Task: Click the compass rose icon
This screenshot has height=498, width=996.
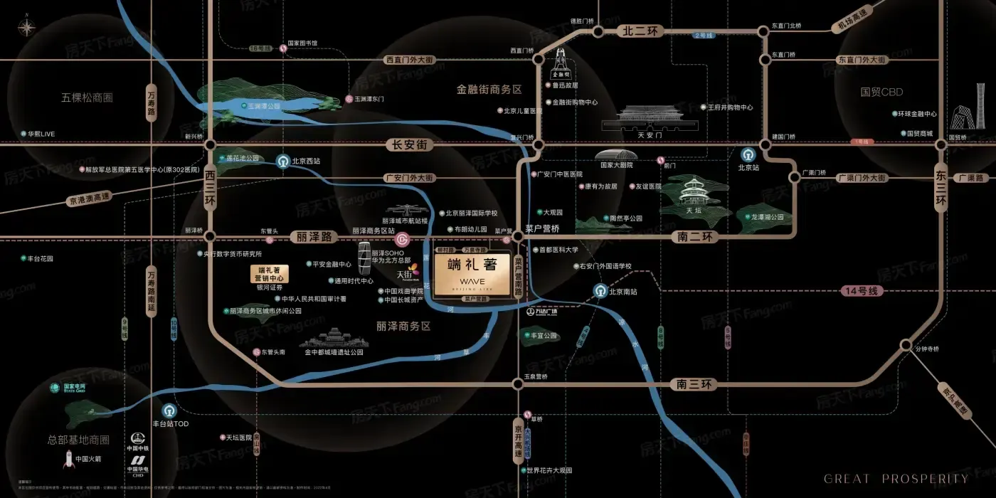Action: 27,28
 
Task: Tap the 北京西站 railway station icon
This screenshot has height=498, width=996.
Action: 283,161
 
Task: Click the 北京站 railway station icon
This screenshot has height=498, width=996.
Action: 748,154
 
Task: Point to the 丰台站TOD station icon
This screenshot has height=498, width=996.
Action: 169,410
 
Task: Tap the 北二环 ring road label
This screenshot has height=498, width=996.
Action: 642,31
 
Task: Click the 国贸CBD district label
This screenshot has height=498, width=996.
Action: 881,92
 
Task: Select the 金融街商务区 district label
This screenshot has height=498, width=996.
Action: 489,90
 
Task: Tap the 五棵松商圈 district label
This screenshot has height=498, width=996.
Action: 88,97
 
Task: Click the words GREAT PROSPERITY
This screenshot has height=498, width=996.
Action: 896,479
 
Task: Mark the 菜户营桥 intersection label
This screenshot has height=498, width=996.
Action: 542,229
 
